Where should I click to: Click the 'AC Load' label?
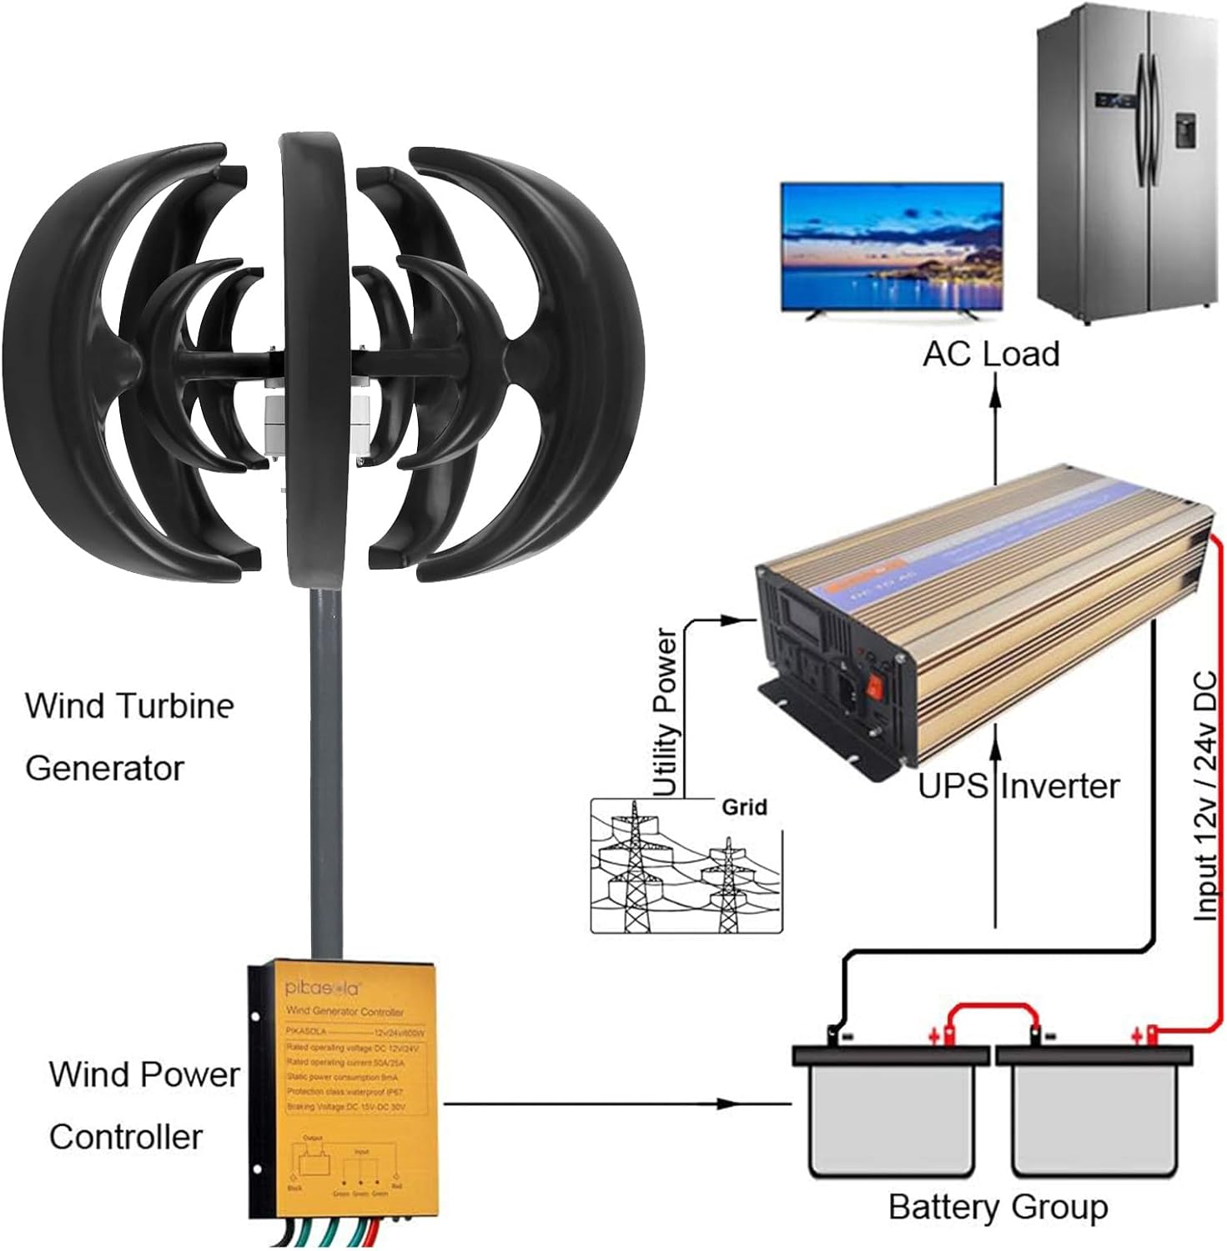990,354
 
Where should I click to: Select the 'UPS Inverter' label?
1018,786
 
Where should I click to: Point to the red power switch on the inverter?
874,686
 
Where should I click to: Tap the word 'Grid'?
744,807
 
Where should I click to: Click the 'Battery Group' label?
998,1208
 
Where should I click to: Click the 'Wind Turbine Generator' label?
129,736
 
